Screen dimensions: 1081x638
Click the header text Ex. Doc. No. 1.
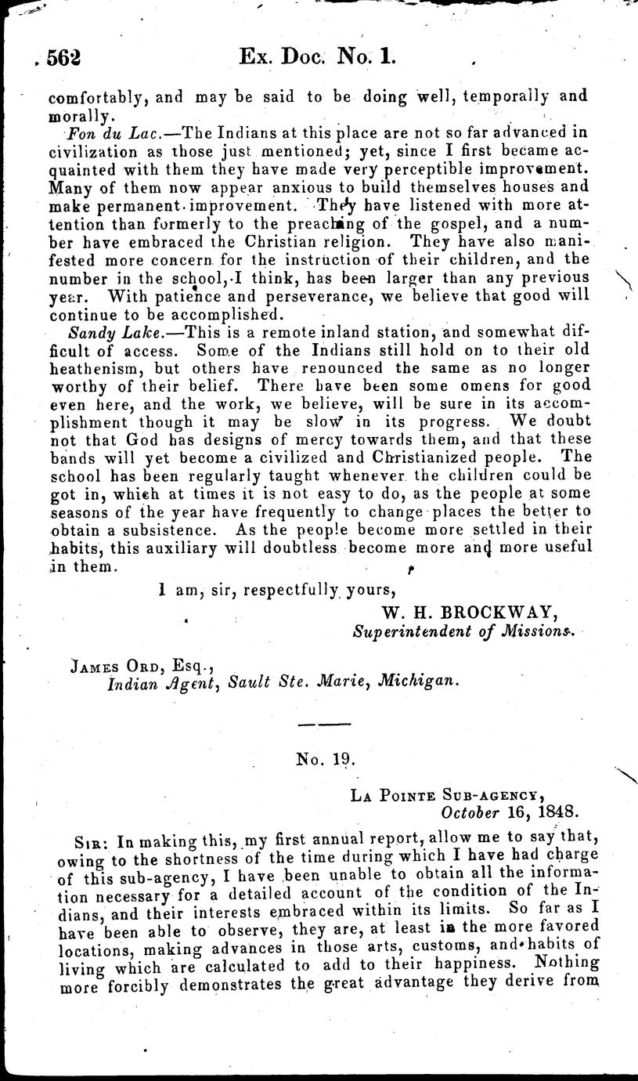coord(319,56)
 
